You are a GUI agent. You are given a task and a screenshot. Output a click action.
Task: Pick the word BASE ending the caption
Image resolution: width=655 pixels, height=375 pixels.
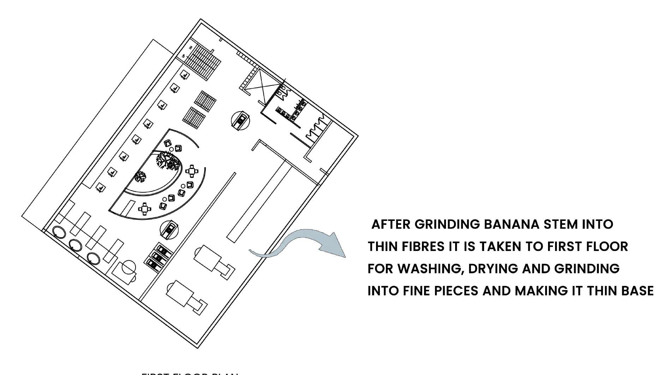pos(638,291)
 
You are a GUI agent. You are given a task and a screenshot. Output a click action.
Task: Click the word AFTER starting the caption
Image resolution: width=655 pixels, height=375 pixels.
pos(391,224)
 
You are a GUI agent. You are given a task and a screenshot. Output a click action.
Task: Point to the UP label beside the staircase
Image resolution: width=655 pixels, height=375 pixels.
pos(183,56)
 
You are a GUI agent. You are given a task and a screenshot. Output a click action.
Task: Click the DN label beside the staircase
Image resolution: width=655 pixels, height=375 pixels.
pos(191,48)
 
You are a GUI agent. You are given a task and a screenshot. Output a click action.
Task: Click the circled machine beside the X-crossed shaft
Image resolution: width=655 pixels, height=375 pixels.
pos(240,119)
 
